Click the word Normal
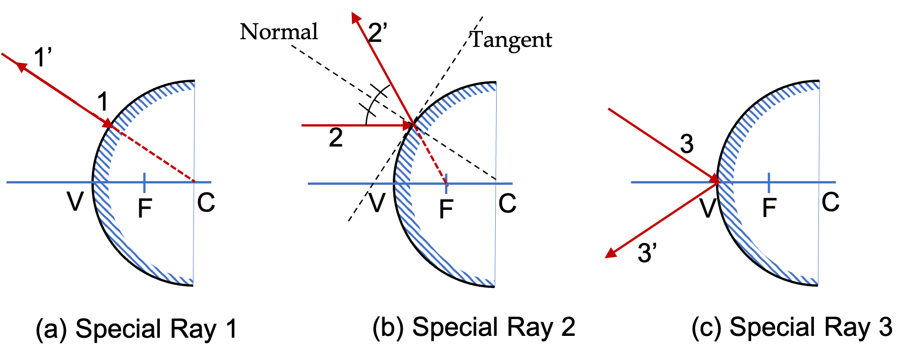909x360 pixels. pos(279,32)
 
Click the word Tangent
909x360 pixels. pos(511,40)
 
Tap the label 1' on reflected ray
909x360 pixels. pos(43,57)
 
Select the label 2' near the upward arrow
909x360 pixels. pos(377,33)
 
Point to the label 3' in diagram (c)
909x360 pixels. pos(647,253)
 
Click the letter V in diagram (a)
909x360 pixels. pos(76,201)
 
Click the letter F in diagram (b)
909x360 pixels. pos(446,209)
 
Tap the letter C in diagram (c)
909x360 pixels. pos(830,202)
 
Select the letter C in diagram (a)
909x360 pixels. pos(206,203)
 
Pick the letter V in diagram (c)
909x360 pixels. pos(708,208)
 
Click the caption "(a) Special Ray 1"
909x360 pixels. pos(136,329)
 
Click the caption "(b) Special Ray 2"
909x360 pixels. pos(473,327)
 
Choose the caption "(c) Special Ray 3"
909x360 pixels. pos(792,327)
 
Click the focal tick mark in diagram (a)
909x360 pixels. pos(144,182)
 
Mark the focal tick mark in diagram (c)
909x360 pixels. pos(769,182)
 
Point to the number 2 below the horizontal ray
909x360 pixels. pos(335,137)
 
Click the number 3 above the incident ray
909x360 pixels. pos(686,144)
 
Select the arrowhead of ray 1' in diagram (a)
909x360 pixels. pos(21,67)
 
